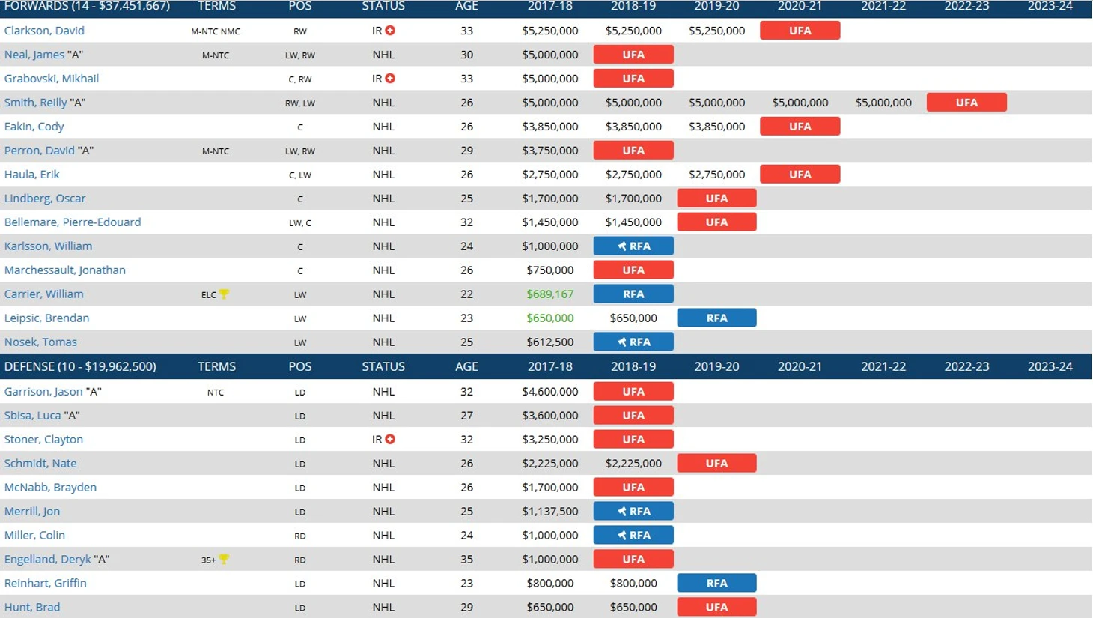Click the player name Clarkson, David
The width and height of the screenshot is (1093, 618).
tap(44, 31)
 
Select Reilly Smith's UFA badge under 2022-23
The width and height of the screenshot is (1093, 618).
tap(966, 103)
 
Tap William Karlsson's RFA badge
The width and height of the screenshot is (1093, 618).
tap(633, 246)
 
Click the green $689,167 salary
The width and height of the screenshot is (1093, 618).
tap(549, 294)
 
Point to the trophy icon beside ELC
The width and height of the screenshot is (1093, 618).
tap(224, 294)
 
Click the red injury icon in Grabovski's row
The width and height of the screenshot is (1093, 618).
tap(390, 79)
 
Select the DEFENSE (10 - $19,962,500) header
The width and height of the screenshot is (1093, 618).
tap(80, 366)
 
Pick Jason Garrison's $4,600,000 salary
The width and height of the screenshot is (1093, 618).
tap(549, 392)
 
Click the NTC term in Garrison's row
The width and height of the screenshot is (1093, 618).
tap(216, 392)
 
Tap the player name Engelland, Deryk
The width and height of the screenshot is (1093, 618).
tap(47, 560)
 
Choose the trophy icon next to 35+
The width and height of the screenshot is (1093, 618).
tap(224, 560)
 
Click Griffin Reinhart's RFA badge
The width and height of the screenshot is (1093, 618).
tap(716, 584)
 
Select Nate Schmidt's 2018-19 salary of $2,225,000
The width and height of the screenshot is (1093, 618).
tap(633, 464)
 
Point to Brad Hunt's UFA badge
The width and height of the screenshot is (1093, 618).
tap(716, 608)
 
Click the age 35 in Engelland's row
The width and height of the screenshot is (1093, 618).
tap(466, 560)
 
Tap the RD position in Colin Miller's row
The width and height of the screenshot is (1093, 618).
tap(300, 536)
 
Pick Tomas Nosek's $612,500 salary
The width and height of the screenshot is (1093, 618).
tap(549, 342)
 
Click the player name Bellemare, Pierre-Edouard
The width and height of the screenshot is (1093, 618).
tap(73, 222)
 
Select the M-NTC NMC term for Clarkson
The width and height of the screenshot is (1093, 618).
tap(216, 31)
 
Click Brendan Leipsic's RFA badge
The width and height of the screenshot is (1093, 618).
tap(716, 318)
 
